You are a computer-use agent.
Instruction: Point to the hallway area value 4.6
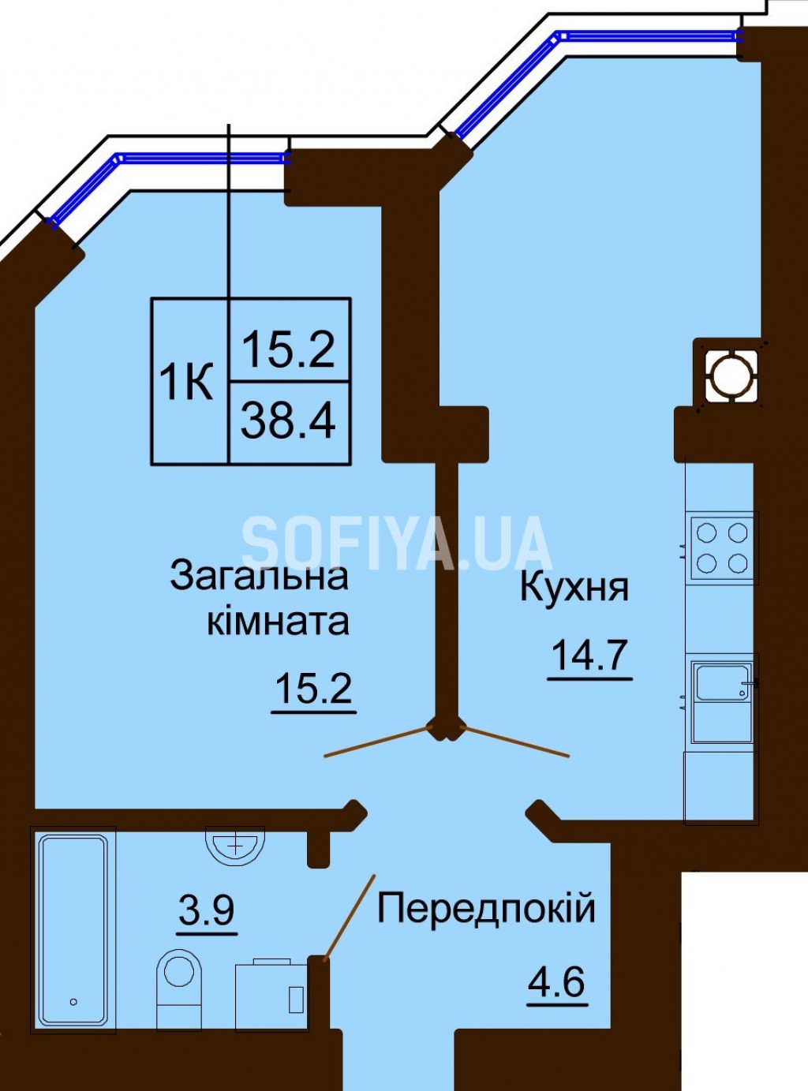[558, 969]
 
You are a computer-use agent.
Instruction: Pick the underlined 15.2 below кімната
[314, 689]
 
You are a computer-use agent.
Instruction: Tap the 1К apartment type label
[185, 382]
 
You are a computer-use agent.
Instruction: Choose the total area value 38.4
[288, 420]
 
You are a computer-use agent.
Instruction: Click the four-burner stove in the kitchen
[723, 547]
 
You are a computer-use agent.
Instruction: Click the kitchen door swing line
[514, 742]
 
